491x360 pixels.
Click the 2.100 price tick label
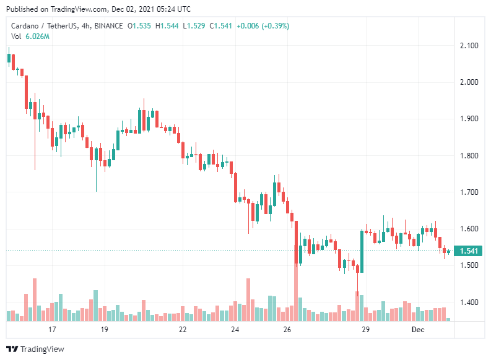point(469,46)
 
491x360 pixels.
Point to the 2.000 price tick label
point(469,82)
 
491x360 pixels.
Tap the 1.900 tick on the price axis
point(469,119)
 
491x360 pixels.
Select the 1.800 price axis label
point(469,155)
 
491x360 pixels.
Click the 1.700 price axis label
point(469,192)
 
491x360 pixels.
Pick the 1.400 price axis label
point(469,302)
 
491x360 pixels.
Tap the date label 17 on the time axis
point(52,330)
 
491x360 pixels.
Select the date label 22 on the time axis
point(182,330)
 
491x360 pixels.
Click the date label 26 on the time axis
point(287,330)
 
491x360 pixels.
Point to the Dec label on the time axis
point(418,330)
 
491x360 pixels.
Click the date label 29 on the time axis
point(365,330)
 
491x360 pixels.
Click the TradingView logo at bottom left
point(35,349)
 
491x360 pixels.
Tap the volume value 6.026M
point(38,37)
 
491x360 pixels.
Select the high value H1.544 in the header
point(168,26)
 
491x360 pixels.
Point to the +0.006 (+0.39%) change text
point(263,26)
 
